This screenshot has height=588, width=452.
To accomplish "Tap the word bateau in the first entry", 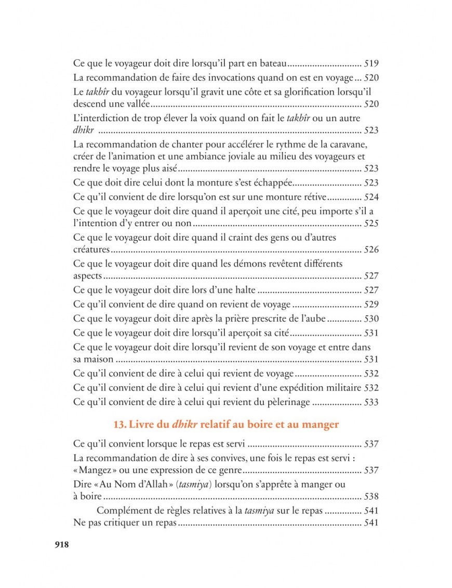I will click(271, 64).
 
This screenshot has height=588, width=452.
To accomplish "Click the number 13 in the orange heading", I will click(119, 425).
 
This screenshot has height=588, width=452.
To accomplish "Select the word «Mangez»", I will click(92, 471).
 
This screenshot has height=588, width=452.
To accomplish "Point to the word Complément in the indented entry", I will click(122, 510).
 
